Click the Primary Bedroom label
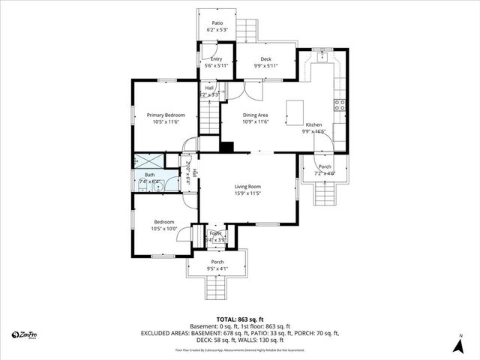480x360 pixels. (166, 115)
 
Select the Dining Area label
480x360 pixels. (256, 115)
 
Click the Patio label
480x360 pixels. (217, 23)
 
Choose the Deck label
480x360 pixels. (265, 59)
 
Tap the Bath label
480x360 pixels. (150, 175)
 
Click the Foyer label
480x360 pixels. (215, 234)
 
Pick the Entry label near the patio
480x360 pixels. (216, 59)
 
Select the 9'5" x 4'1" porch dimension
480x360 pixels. (217, 268)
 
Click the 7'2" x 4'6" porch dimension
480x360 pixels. (325, 173)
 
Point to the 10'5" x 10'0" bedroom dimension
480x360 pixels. (164, 228)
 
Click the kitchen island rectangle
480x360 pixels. (295, 113)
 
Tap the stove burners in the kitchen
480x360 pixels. (340, 105)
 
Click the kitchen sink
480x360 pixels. (322, 56)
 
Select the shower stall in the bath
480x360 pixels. (148, 160)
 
